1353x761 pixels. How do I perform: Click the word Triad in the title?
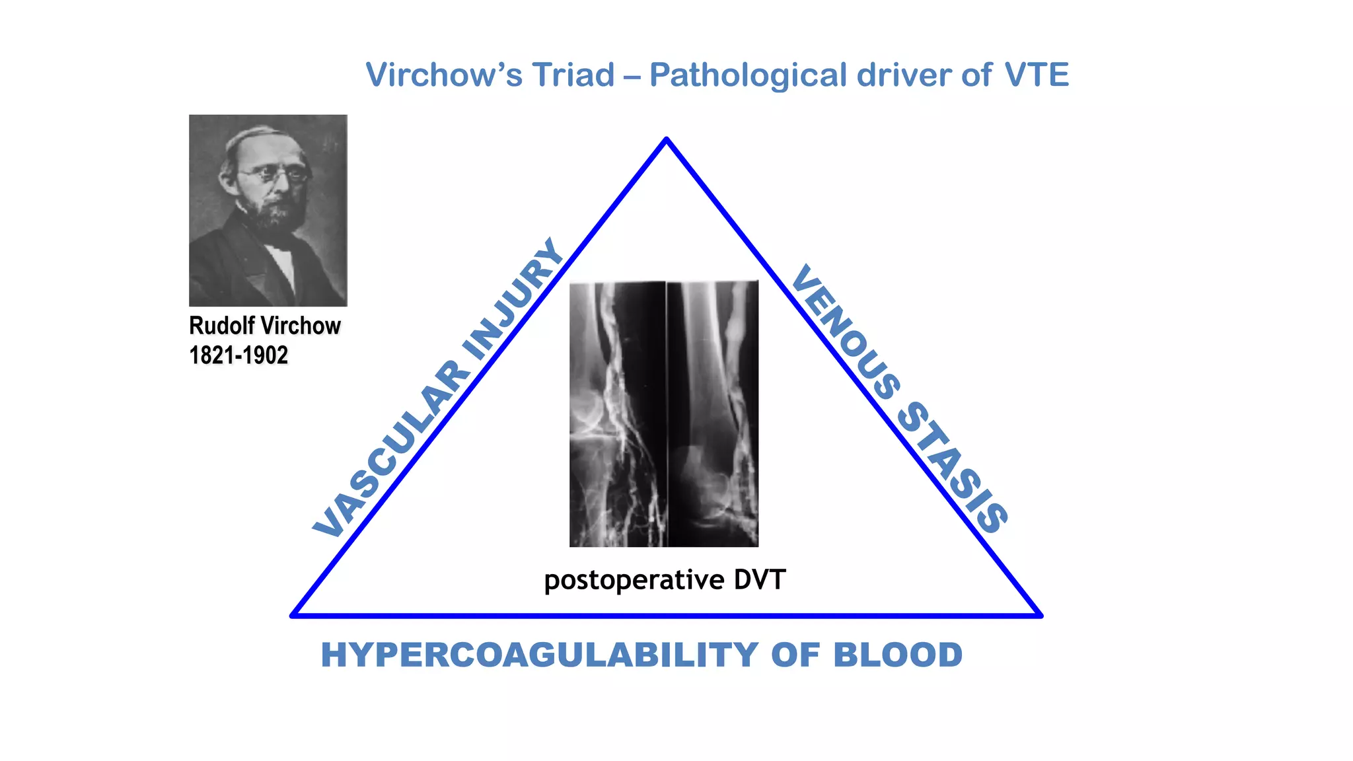point(573,75)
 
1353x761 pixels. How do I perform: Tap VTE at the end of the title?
point(1036,75)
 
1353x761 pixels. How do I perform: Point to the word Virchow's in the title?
point(444,75)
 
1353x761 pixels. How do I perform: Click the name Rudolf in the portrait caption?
point(222,326)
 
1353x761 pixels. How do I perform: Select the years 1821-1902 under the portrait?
point(238,355)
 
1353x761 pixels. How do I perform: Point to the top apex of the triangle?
point(667,139)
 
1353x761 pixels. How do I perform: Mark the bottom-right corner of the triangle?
point(1040,615)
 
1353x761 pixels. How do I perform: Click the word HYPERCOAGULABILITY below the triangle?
point(539,655)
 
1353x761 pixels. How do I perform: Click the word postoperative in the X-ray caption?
point(634,581)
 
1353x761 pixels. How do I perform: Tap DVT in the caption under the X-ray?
point(760,580)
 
